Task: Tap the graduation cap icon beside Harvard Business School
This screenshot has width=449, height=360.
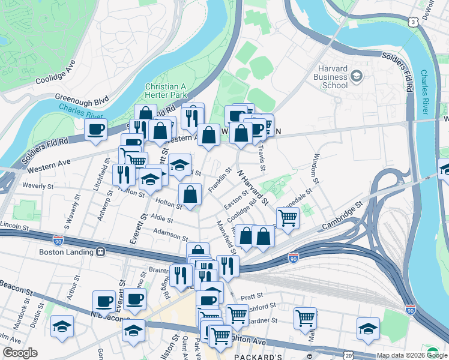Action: click(357, 76)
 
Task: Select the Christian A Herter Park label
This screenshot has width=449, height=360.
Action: click(166, 90)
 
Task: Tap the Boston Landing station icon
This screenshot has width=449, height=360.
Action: click(100, 252)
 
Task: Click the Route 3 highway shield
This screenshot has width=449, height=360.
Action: click(413, 22)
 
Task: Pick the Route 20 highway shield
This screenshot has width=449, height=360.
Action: click(349, 355)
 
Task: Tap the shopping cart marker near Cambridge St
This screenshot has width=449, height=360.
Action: click(288, 218)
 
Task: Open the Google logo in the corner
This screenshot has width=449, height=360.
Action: click(20, 353)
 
